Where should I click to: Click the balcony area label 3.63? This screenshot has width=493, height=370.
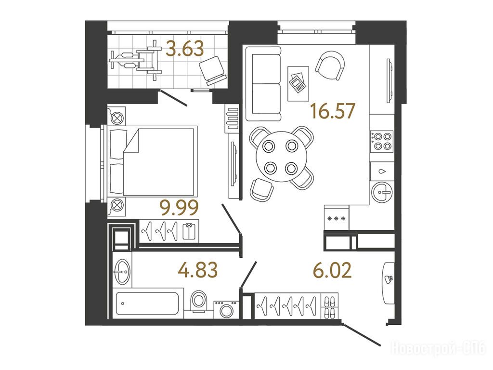[185, 49]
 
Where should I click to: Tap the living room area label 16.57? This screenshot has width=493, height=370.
[333, 111]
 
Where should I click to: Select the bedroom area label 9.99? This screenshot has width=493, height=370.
[179, 208]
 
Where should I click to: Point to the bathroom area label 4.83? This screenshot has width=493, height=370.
[197, 270]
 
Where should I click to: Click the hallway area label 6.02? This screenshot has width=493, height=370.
[333, 270]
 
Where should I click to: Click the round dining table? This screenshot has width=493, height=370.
[281, 157]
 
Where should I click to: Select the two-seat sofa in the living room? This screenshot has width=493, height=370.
[263, 84]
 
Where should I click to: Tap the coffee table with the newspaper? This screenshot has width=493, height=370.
[298, 84]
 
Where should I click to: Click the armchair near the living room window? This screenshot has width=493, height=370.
[330, 66]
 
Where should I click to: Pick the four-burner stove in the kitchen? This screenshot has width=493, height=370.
[382, 141]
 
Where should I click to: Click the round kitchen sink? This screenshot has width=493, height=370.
[382, 192]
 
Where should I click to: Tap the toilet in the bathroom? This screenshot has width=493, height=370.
[199, 300]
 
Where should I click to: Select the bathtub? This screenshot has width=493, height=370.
[147, 304]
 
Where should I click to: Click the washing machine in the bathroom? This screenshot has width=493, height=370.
[226, 310]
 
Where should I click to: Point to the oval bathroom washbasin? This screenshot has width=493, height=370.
[122, 272]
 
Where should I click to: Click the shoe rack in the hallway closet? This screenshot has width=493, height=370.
[330, 306]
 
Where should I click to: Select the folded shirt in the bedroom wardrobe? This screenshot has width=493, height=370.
[189, 231]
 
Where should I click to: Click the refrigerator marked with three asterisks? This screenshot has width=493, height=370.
[336, 218]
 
